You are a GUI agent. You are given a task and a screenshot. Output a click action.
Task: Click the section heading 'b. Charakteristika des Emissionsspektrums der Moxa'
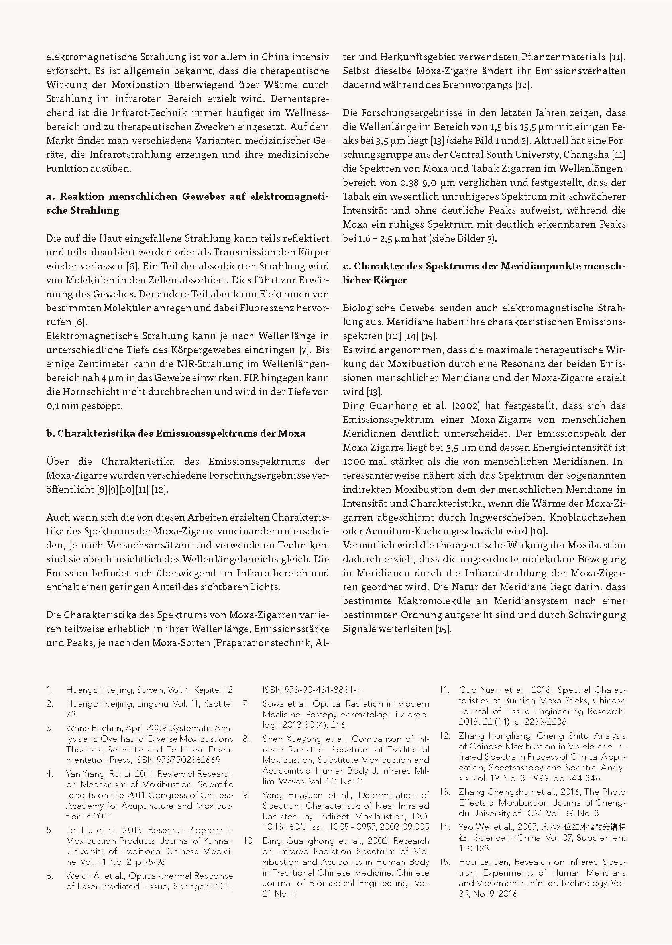coord(176,434)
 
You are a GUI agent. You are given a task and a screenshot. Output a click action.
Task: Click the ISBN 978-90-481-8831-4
coord(312,690)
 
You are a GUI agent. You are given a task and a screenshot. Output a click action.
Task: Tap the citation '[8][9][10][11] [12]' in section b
coord(131,489)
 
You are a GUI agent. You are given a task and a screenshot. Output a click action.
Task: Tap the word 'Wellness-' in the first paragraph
coord(307,112)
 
